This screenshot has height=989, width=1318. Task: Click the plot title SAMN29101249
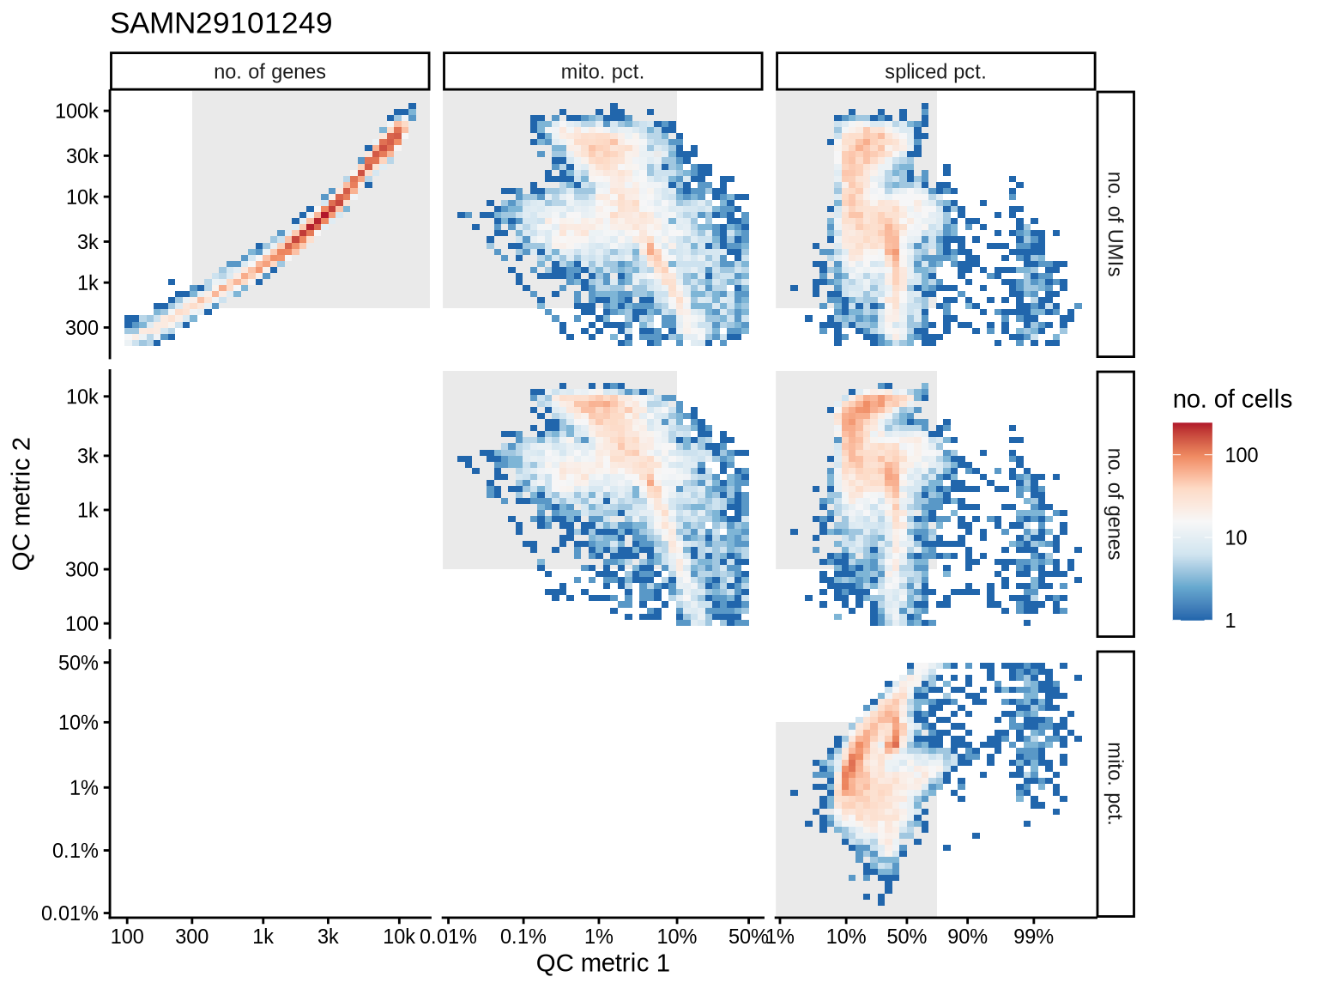221,23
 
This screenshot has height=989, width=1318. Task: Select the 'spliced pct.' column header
935,72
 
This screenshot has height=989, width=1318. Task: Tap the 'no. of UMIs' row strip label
1115,224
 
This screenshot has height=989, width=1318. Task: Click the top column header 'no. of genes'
269,72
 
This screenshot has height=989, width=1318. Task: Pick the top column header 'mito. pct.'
602,72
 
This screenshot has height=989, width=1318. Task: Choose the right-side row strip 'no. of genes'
1115,504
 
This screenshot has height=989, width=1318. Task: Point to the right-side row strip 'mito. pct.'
1115,783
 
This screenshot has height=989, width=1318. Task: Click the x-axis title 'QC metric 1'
602,963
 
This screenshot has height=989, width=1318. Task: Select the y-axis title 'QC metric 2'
23,504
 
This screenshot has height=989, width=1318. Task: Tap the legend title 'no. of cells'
1232,399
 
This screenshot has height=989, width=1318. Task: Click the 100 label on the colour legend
1241,455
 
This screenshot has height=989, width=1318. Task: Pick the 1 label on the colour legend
1230,621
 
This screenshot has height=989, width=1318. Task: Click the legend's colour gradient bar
1193,521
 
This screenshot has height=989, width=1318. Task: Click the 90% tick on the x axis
967,937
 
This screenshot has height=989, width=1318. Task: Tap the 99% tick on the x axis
1033,937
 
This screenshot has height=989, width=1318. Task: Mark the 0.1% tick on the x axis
523,937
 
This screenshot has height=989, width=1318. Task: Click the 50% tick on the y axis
78,663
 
